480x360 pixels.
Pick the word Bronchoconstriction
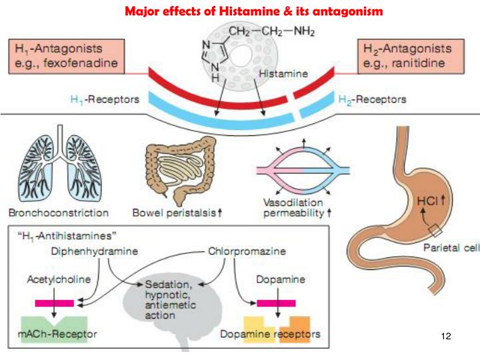point(59,213)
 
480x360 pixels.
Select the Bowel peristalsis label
point(185,213)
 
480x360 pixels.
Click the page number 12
point(447,336)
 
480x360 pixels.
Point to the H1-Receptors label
point(105,99)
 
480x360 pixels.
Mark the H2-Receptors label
point(373,99)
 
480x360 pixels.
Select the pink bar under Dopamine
point(276,302)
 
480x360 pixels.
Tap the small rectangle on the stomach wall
point(434,231)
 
